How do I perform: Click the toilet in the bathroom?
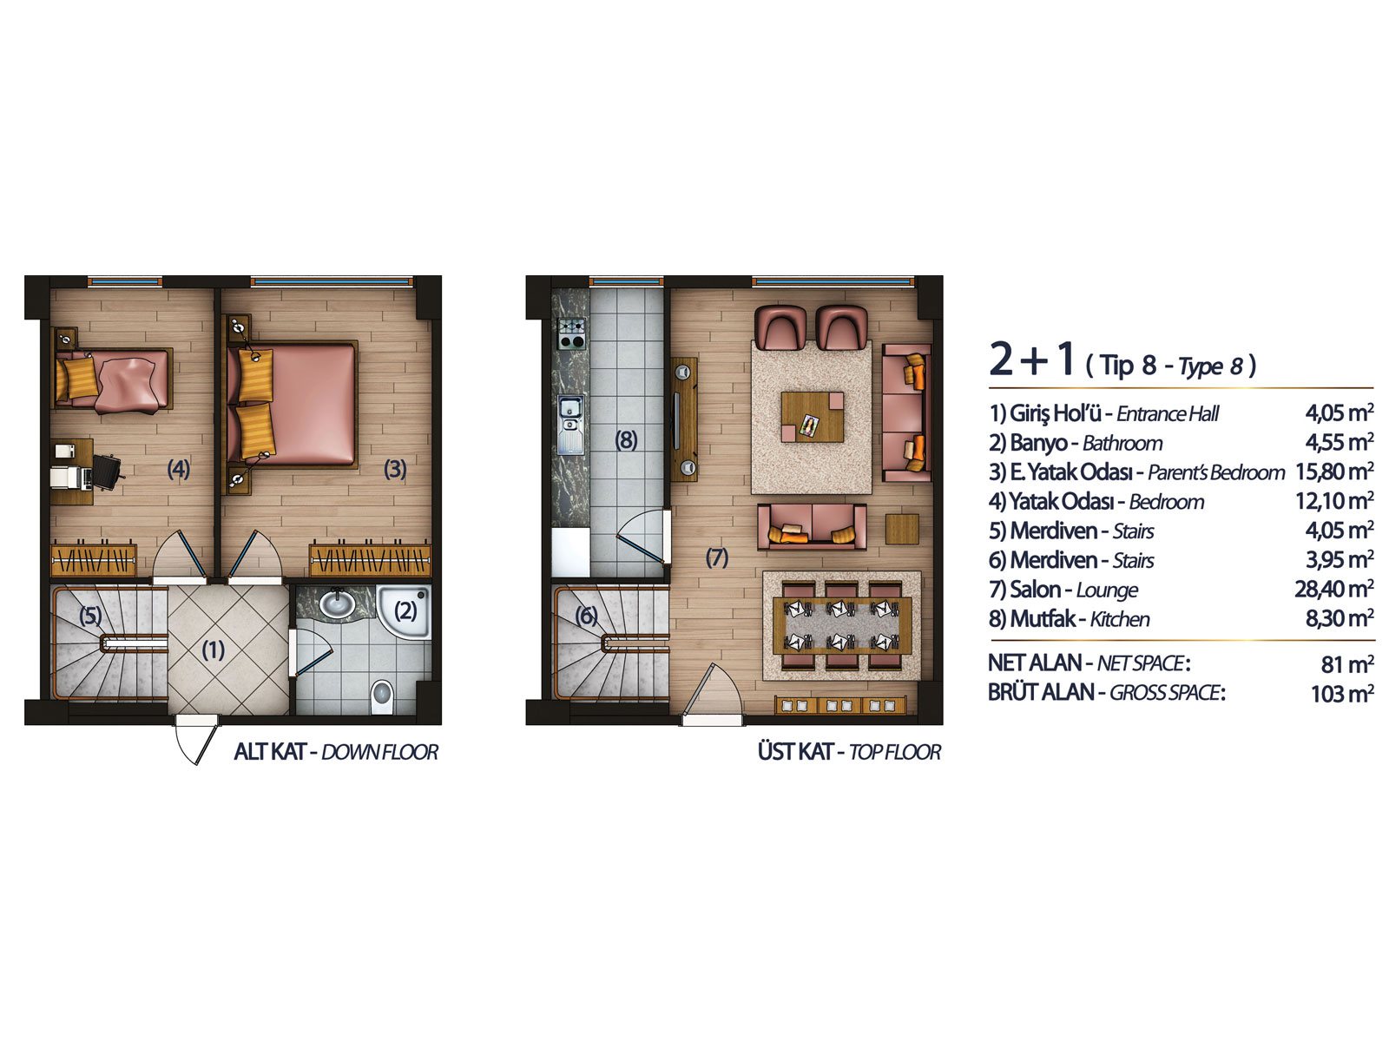pyautogui.click(x=381, y=696)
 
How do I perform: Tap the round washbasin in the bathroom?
pyautogui.click(x=336, y=603)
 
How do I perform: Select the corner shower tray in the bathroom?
pyautogui.click(x=404, y=611)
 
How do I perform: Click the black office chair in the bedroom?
pyautogui.click(x=107, y=472)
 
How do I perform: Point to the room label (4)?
pyautogui.click(x=179, y=469)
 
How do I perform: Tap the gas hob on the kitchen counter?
pyautogui.click(x=570, y=333)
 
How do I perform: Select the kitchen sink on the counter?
pyautogui.click(x=570, y=425)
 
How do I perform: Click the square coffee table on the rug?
pyautogui.click(x=812, y=416)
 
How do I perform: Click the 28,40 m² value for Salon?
pyautogui.click(x=1334, y=589)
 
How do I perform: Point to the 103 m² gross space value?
pyautogui.click(x=1342, y=694)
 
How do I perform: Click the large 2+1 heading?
pyautogui.click(x=1031, y=359)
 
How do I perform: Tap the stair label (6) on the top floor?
pyautogui.click(x=586, y=616)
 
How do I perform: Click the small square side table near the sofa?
pyautogui.click(x=902, y=529)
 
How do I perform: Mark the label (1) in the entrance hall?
pyautogui.click(x=214, y=650)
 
